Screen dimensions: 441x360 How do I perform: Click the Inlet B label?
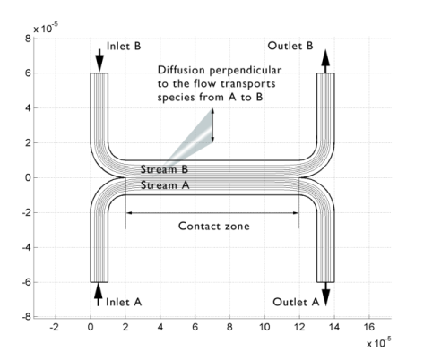click(x=124, y=46)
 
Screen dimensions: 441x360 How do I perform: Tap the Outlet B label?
click(x=290, y=46)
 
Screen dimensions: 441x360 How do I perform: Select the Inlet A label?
click(x=124, y=302)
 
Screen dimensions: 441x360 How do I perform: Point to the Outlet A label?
click(x=296, y=302)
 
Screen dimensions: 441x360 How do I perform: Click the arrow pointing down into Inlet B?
click(x=99, y=60)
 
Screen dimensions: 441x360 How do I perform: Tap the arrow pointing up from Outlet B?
click(x=325, y=61)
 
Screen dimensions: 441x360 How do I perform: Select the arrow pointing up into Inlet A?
click(x=99, y=295)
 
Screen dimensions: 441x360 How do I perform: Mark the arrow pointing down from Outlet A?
click(x=325, y=295)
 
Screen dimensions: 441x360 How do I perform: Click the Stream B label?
click(x=164, y=169)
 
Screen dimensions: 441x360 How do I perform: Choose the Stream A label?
click(x=165, y=185)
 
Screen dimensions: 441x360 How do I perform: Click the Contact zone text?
click(x=214, y=226)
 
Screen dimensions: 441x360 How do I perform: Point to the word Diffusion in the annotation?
click(x=181, y=70)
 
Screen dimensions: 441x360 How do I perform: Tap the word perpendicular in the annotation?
click(x=245, y=71)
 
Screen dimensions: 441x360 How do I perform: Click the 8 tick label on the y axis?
click(x=28, y=39)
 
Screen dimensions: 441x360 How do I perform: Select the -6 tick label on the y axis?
click(x=26, y=282)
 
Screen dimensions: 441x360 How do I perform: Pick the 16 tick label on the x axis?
click(x=369, y=327)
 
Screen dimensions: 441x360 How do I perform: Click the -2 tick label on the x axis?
click(x=54, y=327)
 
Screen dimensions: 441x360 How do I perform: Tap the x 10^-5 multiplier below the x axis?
click(x=379, y=342)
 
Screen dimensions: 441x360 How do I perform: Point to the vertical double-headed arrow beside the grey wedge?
click(x=212, y=125)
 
